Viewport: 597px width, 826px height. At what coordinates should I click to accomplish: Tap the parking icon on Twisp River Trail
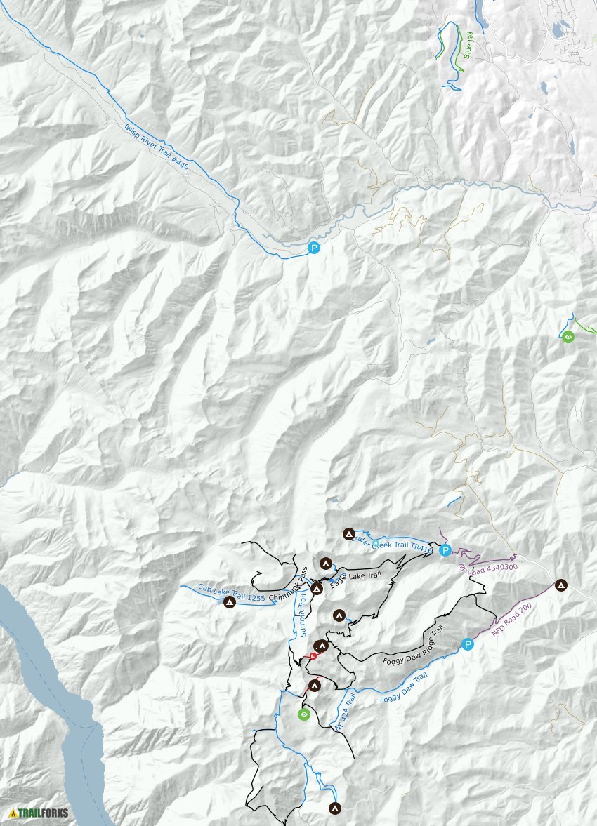tap(314, 248)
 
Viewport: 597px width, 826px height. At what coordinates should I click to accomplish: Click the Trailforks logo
tap(39, 813)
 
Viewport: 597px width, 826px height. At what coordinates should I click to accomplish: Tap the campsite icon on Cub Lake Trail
tap(228, 602)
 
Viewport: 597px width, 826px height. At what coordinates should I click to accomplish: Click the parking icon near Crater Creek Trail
tap(445, 550)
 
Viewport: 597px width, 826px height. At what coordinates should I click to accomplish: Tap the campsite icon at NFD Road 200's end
tap(560, 584)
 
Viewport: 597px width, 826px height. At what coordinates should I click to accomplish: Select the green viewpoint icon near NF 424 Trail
tap(303, 714)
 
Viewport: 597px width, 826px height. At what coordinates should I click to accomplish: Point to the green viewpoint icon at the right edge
tap(568, 337)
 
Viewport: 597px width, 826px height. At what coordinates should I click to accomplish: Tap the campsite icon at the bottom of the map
tap(335, 808)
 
